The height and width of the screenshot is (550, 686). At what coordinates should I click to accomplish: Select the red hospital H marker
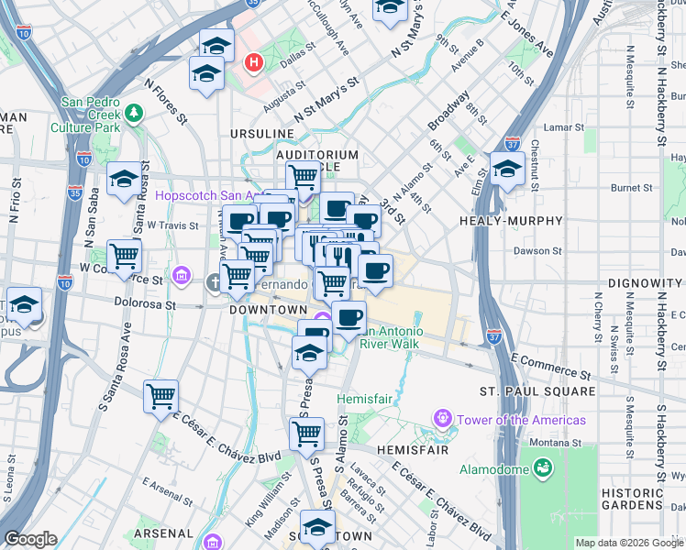tap(254, 63)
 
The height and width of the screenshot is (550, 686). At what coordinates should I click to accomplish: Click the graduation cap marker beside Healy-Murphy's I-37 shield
tap(506, 169)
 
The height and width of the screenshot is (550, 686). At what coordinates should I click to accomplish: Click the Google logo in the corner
tap(30, 539)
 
